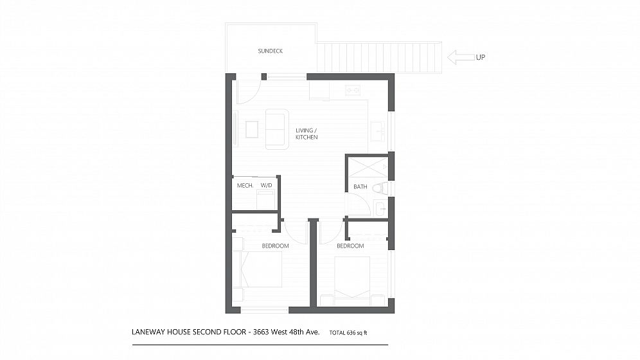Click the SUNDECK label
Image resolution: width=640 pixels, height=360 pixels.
(271, 51)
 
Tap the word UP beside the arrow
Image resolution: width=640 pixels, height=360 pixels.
(481, 57)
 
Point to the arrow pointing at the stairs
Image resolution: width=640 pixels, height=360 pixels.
(461, 57)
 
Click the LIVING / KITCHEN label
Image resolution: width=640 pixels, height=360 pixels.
(307, 134)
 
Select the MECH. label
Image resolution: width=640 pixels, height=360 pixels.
(245, 185)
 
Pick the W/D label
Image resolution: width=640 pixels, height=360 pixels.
(266, 185)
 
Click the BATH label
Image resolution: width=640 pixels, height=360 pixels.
(360, 186)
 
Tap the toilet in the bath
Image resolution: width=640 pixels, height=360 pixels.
(382, 188)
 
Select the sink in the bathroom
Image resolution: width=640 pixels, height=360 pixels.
(380, 209)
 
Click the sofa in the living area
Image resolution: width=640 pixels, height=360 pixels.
(277, 129)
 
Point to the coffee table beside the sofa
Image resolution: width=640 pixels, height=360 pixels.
(252, 129)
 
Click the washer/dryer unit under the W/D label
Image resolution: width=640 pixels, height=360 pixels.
(267, 200)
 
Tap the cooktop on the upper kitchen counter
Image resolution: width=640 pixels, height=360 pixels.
(352, 90)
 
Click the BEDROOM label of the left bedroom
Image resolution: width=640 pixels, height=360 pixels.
(275, 246)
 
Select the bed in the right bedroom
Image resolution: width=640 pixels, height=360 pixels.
(352, 280)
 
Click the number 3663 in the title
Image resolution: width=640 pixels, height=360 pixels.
(261, 332)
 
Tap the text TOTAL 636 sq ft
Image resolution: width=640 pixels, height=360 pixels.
(348, 332)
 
